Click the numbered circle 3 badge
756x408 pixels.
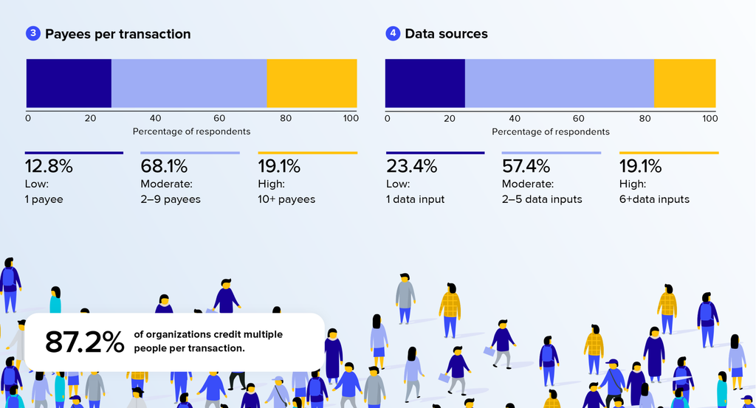tap(32, 34)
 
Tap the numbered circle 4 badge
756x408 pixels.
tap(393, 34)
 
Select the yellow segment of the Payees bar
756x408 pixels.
tap(312, 83)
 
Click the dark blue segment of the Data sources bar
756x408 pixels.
tap(425, 83)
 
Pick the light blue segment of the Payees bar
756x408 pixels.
tap(189, 83)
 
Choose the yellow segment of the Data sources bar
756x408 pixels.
tap(684, 83)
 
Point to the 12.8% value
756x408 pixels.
tap(49, 166)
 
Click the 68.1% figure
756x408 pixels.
tap(164, 166)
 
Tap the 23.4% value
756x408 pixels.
tap(411, 166)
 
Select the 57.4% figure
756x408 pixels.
tap(526, 166)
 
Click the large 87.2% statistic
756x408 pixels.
tap(84, 342)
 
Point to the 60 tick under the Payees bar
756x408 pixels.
tap(219, 119)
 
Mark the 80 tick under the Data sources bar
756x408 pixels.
tap(645, 119)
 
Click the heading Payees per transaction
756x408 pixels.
tap(117, 34)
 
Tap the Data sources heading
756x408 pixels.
tap(446, 34)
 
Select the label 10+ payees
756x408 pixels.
tap(286, 199)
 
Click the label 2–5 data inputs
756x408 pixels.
tap(542, 199)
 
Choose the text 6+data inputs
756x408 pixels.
tap(654, 199)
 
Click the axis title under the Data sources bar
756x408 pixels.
tap(551, 131)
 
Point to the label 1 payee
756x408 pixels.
tap(44, 199)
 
